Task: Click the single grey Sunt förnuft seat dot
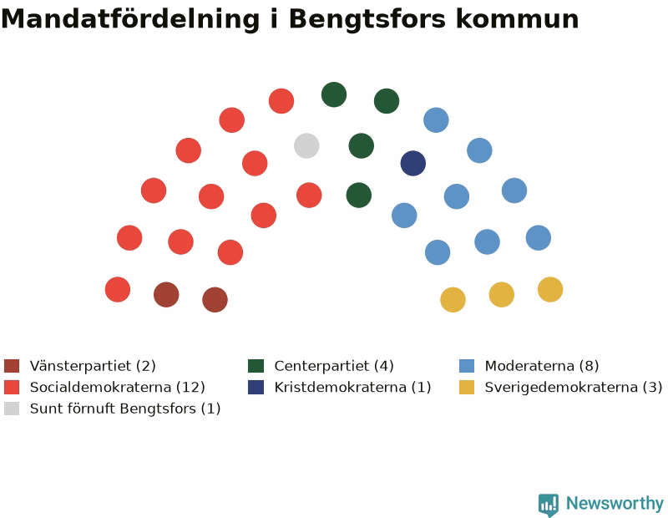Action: (x=306, y=146)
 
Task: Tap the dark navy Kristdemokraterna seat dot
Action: (x=413, y=163)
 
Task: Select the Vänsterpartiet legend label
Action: (x=93, y=366)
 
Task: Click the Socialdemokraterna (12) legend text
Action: (x=118, y=387)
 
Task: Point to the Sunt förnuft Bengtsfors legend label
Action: (x=125, y=409)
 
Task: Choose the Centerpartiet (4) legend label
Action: (x=334, y=366)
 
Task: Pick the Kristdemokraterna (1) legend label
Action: (x=352, y=387)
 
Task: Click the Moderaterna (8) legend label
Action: (x=542, y=366)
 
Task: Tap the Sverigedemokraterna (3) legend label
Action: (x=574, y=387)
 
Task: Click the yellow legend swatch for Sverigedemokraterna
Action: (x=467, y=387)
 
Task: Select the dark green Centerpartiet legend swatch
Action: (x=256, y=366)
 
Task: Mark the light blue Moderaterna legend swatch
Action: (x=467, y=366)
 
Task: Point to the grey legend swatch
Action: (x=12, y=409)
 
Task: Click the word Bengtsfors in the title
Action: (x=367, y=19)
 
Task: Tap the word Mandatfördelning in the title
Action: (x=130, y=18)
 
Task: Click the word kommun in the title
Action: (x=517, y=19)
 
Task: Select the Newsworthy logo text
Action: (x=615, y=504)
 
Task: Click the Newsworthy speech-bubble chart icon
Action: (x=549, y=505)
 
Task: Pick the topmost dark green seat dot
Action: (x=334, y=94)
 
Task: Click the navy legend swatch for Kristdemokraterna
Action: (x=256, y=387)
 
